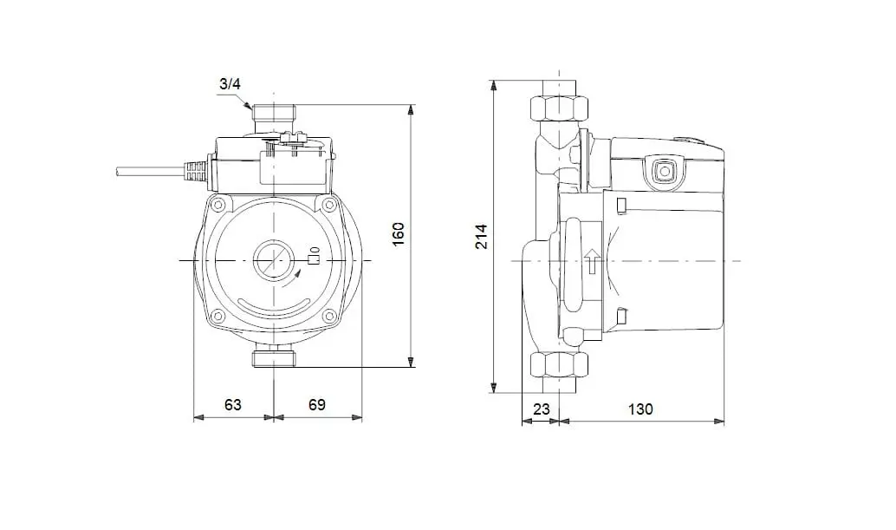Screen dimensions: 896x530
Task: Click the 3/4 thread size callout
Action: coord(230,84)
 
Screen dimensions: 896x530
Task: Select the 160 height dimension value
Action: coord(399,234)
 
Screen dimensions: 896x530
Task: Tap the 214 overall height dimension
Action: coord(483,236)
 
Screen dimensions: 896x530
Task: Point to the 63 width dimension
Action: coord(232,405)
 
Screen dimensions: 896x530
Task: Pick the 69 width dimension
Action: coord(317,405)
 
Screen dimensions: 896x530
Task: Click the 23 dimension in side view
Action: coord(541,409)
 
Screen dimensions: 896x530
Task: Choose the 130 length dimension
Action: coord(640,409)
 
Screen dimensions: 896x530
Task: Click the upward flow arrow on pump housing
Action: coord(593,261)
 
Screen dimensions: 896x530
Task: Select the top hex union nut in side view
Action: coord(559,108)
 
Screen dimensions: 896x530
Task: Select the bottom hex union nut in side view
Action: coord(559,365)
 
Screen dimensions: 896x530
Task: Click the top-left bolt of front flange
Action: coord(218,205)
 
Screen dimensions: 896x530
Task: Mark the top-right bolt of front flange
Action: coord(328,205)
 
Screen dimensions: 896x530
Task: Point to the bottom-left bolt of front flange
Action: coord(218,316)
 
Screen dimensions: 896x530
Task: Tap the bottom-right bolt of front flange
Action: coord(328,316)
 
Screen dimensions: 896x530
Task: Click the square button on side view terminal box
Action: coord(664,171)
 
